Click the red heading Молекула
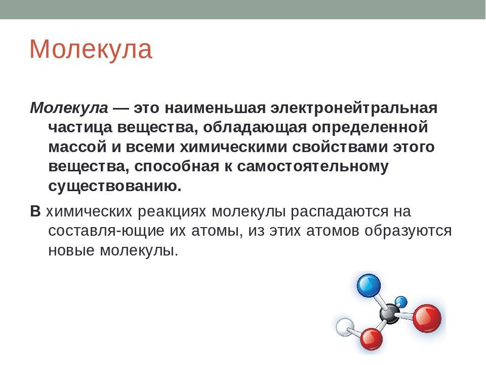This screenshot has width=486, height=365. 91,49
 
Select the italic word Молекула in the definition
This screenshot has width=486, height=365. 69,108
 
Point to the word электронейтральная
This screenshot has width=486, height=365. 354,108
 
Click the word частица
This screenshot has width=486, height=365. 80,128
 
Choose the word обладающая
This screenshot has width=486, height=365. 255,128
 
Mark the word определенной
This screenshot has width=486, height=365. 370,128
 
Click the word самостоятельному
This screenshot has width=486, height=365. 313,167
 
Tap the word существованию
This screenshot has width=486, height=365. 115,186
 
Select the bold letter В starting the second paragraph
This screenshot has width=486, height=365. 35,211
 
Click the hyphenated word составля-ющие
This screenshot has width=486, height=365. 106,231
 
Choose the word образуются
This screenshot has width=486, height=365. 408,231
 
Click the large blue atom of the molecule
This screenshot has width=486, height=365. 369,285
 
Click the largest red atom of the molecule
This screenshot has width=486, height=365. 427,318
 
